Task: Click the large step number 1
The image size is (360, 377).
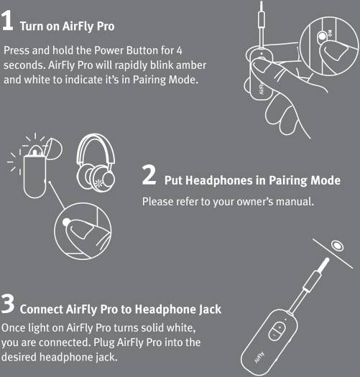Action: [x=7, y=21]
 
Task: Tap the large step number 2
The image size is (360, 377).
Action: [x=149, y=174]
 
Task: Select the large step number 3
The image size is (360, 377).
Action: [x=8, y=304]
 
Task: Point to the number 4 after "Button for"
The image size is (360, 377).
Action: [x=179, y=50]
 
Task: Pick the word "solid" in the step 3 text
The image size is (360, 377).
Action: [x=152, y=327]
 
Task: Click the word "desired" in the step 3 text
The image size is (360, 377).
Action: [x=19, y=357]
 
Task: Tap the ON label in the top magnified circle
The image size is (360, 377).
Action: [x=330, y=33]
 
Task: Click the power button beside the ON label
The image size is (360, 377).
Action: [x=322, y=37]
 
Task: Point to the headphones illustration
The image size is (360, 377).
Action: [x=96, y=163]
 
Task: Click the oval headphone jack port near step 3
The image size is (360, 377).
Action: [x=337, y=246]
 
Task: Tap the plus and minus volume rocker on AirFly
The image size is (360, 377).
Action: [x=277, y=331]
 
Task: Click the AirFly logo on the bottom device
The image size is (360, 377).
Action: [x=259, y=358]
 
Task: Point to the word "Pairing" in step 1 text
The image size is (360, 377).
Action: [x=149, y=80]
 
